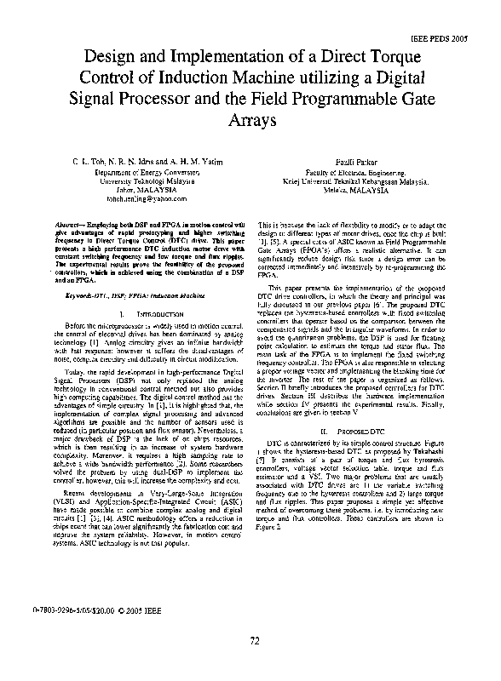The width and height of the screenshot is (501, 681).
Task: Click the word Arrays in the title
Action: [x=250, y=123]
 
